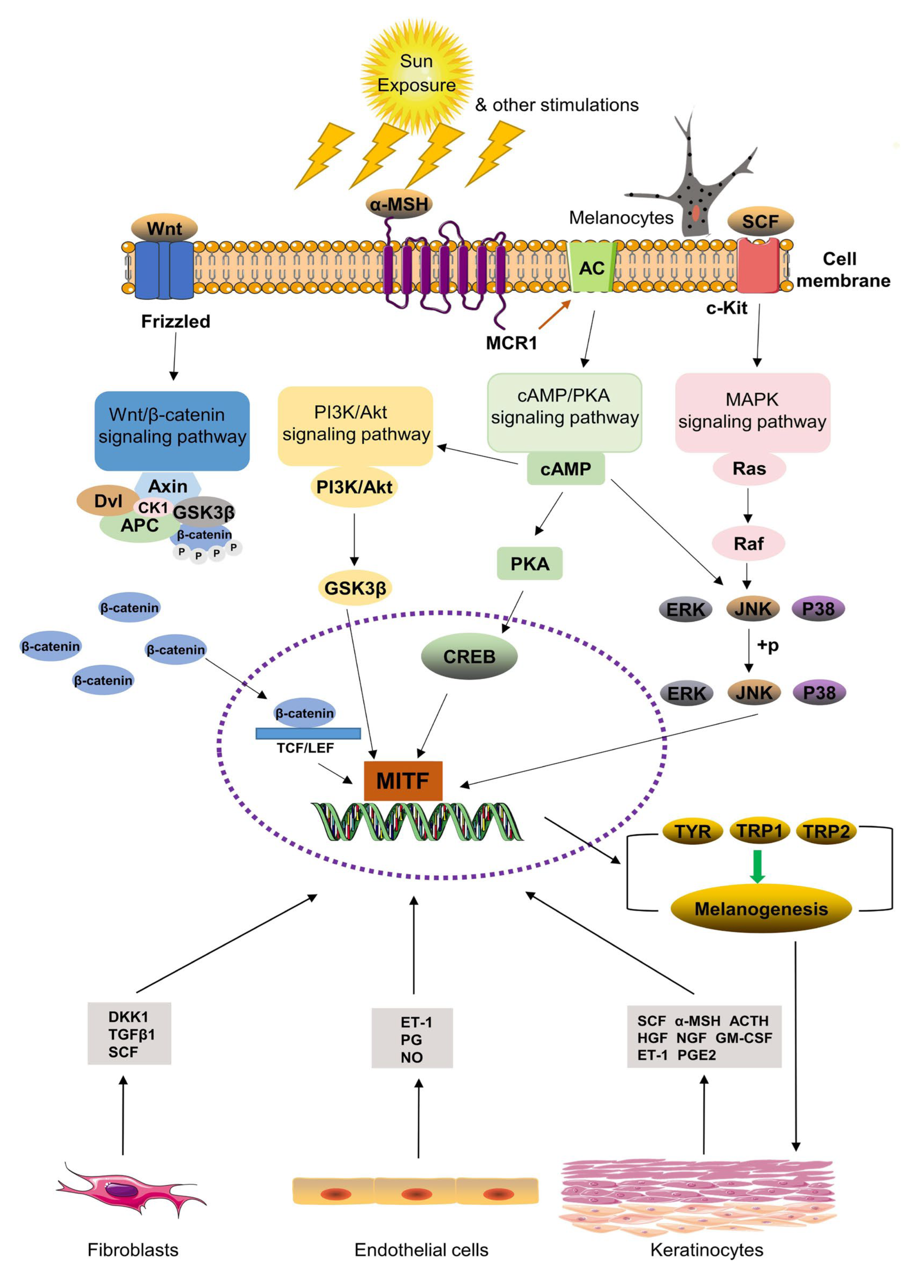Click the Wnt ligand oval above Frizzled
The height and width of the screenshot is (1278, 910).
point(164,228)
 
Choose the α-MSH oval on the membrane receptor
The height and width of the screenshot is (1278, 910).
point(399,204)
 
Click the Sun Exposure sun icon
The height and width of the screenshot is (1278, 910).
point(416,73)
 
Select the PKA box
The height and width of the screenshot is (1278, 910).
point(529,563)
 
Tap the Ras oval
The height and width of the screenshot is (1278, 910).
point(749,468)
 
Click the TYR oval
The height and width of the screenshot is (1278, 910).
point(693,831)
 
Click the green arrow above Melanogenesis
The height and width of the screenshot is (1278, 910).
point(757,866)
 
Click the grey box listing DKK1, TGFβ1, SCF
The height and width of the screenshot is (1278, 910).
point(129,1033)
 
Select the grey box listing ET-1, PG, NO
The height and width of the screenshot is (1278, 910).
point(412,1038)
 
